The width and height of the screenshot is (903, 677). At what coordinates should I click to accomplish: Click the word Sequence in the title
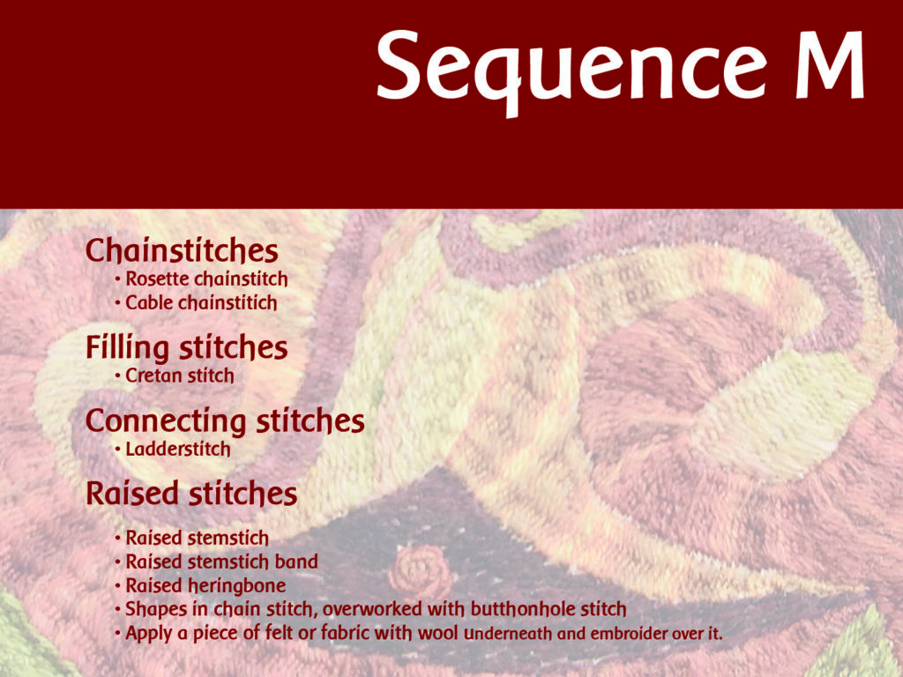(570, 67)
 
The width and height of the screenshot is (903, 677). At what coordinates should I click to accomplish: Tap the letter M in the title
(828, 67)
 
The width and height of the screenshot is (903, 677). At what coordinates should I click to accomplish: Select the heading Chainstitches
(182, 251)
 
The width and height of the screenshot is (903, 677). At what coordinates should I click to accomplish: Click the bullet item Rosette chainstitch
(206, 279)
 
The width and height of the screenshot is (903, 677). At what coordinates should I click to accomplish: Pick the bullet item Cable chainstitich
(201, 303)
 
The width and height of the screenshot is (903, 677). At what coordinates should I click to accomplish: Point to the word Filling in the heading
(127, 348)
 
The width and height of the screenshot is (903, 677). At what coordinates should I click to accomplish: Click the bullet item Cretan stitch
(180, 376)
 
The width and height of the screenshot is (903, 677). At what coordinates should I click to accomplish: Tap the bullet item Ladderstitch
(178, 450)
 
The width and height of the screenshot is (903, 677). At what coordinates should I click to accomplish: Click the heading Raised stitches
(191, 495)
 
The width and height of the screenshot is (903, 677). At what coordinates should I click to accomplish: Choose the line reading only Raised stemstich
(197, 538)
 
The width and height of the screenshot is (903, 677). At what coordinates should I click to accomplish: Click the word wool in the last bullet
(438, 633)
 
